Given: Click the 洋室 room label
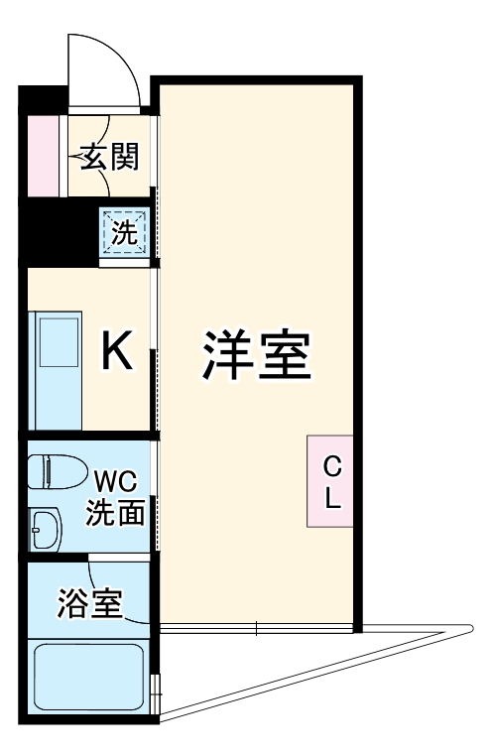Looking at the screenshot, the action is [x=257, y=355].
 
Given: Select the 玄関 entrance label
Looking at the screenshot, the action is [x=109, y=157].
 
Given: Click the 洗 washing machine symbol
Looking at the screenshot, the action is [x=125, y=232].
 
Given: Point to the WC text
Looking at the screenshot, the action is [x=115, y=481].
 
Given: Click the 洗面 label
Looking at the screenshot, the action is [x=115, y=512].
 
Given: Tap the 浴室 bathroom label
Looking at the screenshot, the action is [x=90, y=602].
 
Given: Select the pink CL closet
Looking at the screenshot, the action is [x=330, y=481].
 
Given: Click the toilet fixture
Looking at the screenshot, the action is [x=57, y=472].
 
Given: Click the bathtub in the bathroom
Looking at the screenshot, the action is [x=88, y=677].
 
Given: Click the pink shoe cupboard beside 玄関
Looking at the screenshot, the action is [x=44, y=156].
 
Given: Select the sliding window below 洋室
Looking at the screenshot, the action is [x=256, y=628].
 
